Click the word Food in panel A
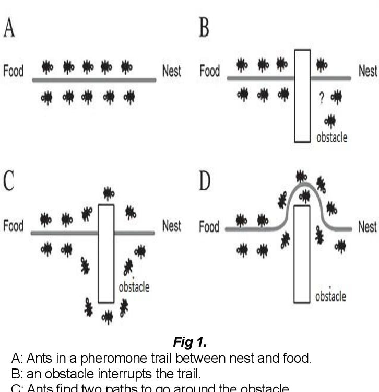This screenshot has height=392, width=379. [14, 71]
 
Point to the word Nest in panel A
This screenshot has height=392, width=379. [171, 71]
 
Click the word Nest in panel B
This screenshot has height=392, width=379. [367, 71]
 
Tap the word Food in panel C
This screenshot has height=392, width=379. [14, 226]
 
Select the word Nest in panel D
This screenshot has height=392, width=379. [367, 227]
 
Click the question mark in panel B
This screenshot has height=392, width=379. [323, 98]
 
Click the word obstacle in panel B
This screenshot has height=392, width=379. [331, 138]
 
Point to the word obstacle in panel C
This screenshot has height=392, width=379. [134, 286]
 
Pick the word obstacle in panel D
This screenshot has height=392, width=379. [330, 296]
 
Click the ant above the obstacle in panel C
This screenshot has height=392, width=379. [108, 193]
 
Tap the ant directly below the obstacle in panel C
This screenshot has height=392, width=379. [107, 316]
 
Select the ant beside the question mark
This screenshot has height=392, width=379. [336, 97]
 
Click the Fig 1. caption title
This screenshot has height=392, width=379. [189, 343]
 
